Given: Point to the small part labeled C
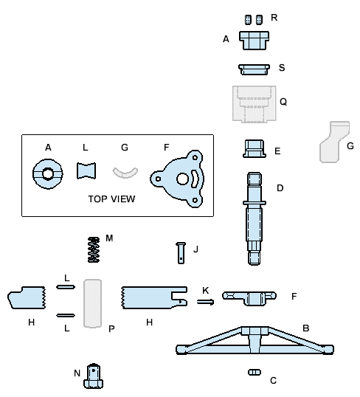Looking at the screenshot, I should pos(255,372).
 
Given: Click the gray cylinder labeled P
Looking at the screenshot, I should pos(93,302).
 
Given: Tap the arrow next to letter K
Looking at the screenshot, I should pos(206,302).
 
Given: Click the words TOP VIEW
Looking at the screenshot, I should pos(111,199).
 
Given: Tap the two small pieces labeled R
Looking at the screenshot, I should pos(254,18).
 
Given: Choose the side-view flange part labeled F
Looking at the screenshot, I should pos(249,297).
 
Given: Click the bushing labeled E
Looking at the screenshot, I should pos(255,148).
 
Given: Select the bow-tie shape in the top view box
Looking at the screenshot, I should pos(87,171).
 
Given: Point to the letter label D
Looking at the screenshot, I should pos(280,188).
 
